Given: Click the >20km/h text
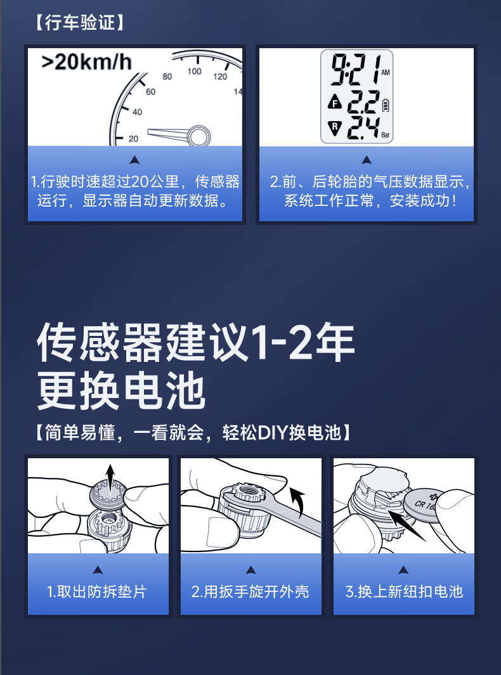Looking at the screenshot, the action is pyautogui.click(x=86, y=62).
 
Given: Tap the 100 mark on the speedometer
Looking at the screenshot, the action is pyautogui.click(x=194, y=72).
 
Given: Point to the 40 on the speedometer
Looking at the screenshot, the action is pyautogui.click(x=138, y=112).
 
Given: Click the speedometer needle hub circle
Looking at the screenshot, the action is pyautogui.click(x=199, y=136).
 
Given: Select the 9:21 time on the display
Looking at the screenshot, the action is pyautogui.click(x=355, y=69).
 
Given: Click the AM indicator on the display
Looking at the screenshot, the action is pyautogui.click(x=385, y=72).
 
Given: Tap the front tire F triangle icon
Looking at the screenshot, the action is pyautogui.click(x=335, y=103).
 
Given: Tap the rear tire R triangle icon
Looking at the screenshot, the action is pyautogui.click(x=335, y=127).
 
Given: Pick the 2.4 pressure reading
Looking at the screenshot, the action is pyautogui.click(x=363, y=128).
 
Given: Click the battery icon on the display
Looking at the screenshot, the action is pyautogui.click(x=386, y=105).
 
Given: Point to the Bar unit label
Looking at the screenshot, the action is pyautogui.click(x=385, y=135).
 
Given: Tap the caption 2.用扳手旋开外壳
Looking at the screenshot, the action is pyautogui.click(x=251, y=591).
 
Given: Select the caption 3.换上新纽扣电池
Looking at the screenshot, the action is pyautogui.click(x=403, y=591).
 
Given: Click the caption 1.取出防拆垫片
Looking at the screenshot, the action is pyautogui.click(x=98, y=591).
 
